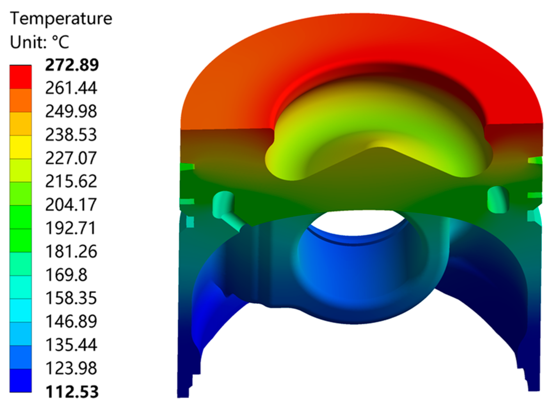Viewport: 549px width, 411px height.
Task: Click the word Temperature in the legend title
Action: tap(61, 19)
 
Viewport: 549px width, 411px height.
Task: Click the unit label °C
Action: tap(61, 42)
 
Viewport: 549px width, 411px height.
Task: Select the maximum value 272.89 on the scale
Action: tap(72, 65)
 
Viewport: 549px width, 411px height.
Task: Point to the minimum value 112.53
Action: tap(72, 392)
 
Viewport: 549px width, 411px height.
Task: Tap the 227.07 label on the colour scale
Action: tap(71, 158)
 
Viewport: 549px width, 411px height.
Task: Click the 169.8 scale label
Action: tap(66, 275)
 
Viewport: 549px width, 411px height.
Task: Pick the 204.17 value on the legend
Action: tap(71, 205)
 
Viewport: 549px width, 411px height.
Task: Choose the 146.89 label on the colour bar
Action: tap(71, 321)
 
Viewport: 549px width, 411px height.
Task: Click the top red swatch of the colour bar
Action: tap(20, 77)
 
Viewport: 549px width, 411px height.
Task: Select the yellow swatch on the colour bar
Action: tap(20, 147)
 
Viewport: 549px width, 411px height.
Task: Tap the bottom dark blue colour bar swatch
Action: tap(20, 380)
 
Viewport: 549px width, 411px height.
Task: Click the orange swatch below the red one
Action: tap(20, 100)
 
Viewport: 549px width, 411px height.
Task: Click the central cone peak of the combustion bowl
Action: tap(379, 149)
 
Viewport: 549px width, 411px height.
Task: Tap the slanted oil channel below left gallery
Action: tap(234, 222)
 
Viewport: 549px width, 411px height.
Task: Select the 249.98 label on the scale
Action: tap(71, 111)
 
